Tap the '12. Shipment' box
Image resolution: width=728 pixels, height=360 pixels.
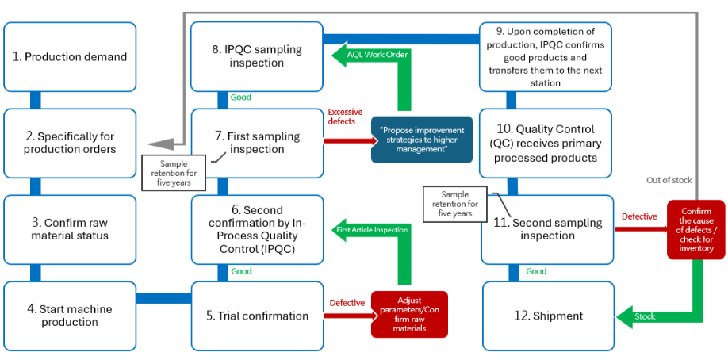pyautogui.click(x=548, y=316)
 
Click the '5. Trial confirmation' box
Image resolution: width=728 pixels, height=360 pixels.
pyautogui.click(x=257, y=316)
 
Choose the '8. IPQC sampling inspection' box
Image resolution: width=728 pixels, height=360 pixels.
pyautogui.click(x=257, y=56)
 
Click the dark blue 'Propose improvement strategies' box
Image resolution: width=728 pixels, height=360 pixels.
pyautogui.click(x=422, y=140)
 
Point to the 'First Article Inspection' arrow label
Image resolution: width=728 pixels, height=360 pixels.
pyautogui.click(x=372, y=229)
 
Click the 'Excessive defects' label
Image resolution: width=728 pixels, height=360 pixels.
pyautogui.click(x=346, y=117)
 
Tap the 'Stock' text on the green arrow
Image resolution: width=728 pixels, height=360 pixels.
pyautogui.click(x=646, y=316)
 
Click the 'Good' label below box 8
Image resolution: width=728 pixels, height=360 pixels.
pyautogui.click(x=240, y=98)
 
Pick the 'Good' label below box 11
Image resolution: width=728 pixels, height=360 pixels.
pyautogui.click(x=536, y=271)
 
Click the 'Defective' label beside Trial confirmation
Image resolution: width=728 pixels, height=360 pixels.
pyautogui.click(x=347, y=302)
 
